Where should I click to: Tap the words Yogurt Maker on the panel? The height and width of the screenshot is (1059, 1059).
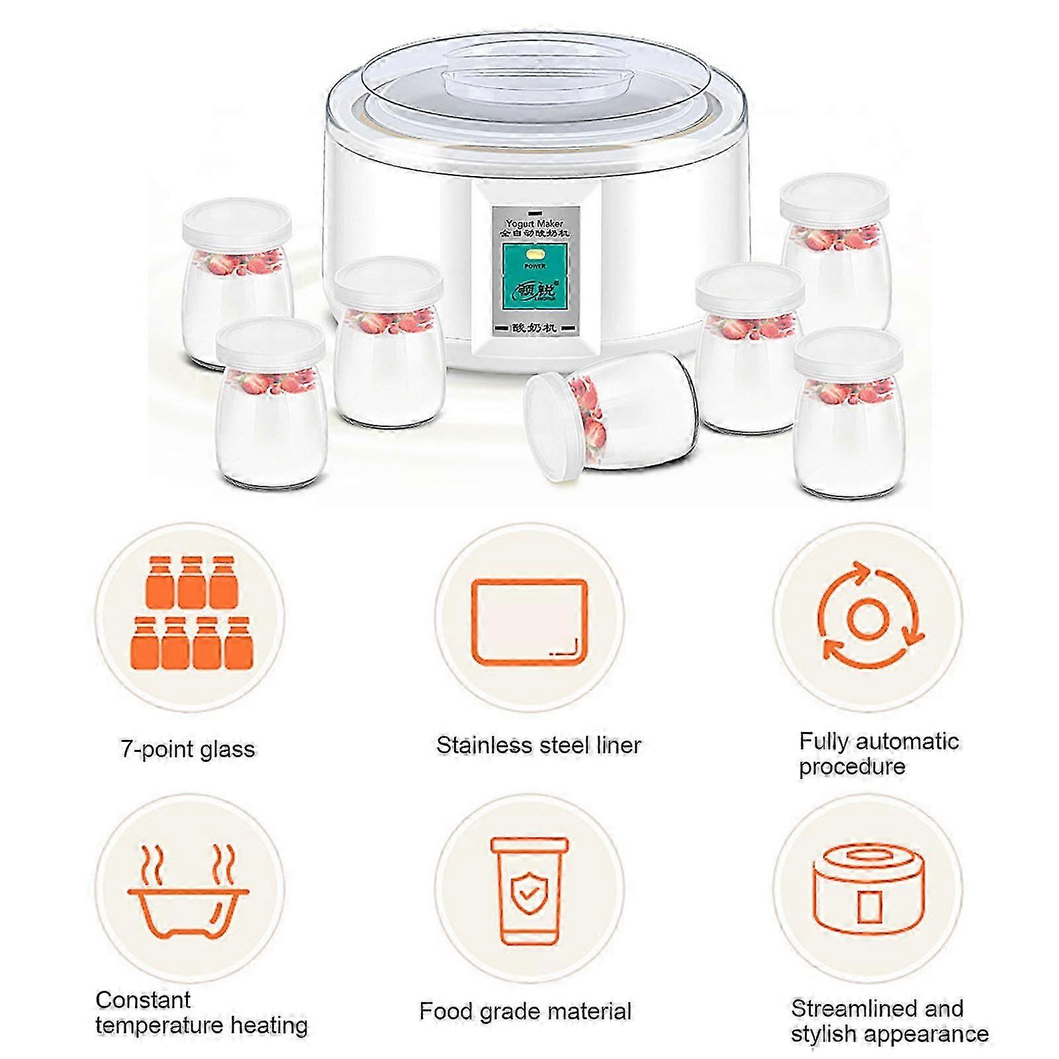point(534,224)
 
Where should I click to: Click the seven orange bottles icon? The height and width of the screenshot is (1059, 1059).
point(191,612)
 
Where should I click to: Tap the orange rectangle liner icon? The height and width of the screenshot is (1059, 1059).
point(529,622)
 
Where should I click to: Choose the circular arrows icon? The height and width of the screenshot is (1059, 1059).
point(867,616)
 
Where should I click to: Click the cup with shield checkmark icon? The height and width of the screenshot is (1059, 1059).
point(529,890)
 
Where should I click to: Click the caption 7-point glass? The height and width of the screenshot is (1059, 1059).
point(188,749)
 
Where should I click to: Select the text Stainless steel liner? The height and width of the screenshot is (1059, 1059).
point(538,746)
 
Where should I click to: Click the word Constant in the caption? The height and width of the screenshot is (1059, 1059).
point(142,999)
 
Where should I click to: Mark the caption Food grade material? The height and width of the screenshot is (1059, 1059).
point(525,1011)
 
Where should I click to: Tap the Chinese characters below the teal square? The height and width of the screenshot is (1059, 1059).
point(535,328)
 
